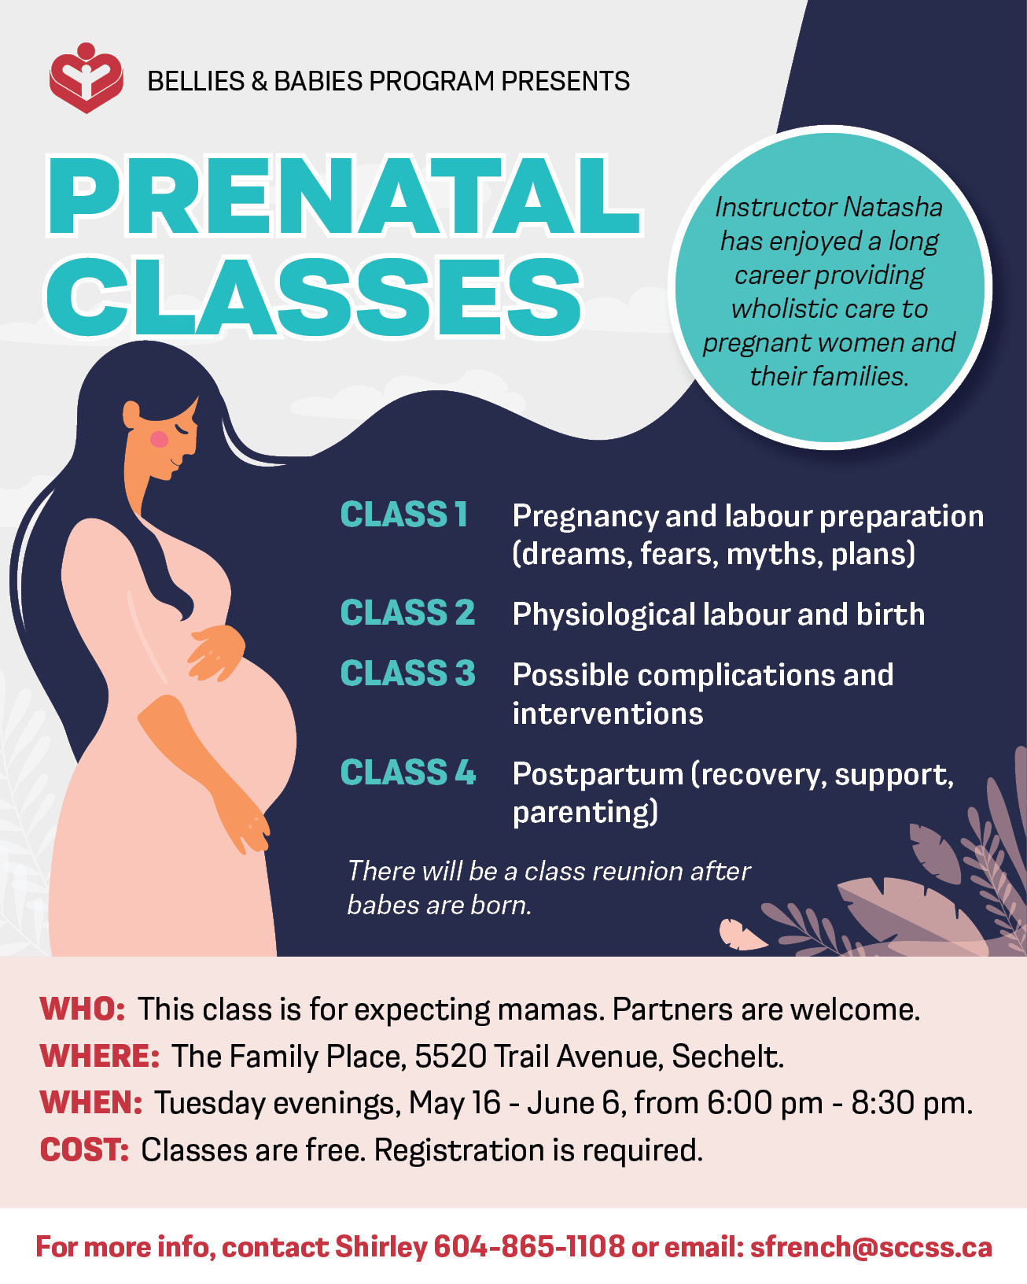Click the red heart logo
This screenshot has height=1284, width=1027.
(x=86, y=78)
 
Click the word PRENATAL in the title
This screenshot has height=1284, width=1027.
(x=344, y=196)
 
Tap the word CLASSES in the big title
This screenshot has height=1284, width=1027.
(x=314, y=297)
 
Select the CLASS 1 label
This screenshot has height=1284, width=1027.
(x=403, y=515)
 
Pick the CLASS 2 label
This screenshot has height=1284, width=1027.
(x=407, y=613)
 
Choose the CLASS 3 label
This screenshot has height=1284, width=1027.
(x=407, y=673)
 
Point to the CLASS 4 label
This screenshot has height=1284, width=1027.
(x=407, y=773)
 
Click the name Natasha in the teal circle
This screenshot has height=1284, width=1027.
(x=893, y=208)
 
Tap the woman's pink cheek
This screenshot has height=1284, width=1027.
(x=159, y=439)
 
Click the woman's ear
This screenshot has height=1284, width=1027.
(x=131, y=414)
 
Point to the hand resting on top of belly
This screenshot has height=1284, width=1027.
(x=216, y=653)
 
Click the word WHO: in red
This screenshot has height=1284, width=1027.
(x=83, y=1009)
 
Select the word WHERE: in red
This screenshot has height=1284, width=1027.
(x=100, y=1056)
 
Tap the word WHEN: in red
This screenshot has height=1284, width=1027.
(x=90, y=1102)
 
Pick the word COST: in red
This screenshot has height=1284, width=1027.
(x=84, y=1149)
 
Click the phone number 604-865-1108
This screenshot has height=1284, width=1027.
(x=529, y=1247)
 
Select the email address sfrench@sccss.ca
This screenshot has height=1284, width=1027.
(x=871, y=1247)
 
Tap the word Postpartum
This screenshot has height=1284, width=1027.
(x=598, y=774)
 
